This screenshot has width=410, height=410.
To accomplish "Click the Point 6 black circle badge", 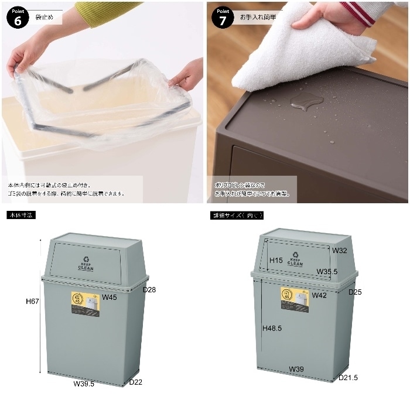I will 18,17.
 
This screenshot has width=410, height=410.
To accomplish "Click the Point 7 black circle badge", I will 223,17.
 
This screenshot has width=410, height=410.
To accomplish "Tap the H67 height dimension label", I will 32,301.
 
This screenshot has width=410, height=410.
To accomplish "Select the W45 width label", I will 110,298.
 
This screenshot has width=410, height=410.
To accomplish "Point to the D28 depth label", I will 150,289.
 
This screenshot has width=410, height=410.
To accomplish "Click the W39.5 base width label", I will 84,384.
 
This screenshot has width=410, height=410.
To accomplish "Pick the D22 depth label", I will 136,382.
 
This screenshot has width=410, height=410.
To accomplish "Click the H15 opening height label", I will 276,260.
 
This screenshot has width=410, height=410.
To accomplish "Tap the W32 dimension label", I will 340,251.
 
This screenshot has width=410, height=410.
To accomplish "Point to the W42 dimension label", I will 319,295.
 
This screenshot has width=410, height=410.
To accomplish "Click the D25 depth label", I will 356,292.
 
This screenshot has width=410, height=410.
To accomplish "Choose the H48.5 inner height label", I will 272,328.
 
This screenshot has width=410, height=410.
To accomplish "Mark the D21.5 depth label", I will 348,378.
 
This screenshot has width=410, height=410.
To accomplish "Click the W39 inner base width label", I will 296,370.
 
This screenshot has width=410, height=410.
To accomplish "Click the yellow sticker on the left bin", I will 86,304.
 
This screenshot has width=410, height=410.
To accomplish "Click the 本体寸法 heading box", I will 21,215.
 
